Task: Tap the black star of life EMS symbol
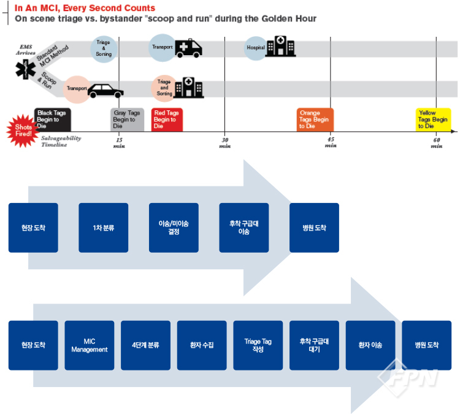coord(25,70)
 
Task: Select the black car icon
coord(105,91)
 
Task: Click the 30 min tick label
coord(225,142)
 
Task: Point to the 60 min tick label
coord(436,142)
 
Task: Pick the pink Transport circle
coord(78,88)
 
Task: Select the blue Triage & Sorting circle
coord(104,48)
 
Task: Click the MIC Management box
coord(89,345)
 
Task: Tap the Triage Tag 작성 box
coord(258,345)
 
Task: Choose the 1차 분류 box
coord(103,228)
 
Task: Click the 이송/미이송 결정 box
coord(174,228)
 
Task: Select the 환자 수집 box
coord(202,345)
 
